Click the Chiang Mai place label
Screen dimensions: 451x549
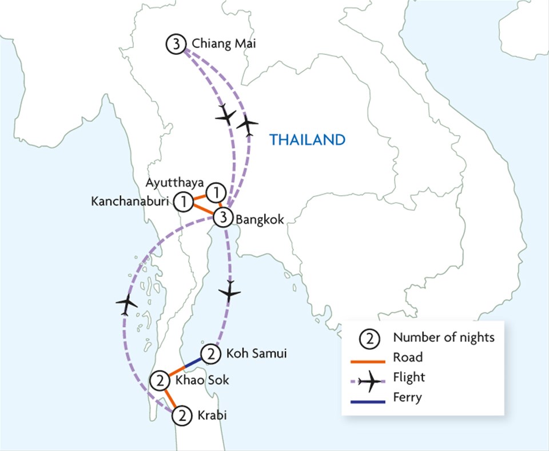click(220, 44)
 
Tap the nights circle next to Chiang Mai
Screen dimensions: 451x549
click(174, 44)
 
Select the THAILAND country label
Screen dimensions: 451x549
click(307, 139)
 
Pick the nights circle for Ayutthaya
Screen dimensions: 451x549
click(214, 192)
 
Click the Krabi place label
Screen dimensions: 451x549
click(211, 415)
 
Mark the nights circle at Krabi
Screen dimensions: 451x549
click(181, 415)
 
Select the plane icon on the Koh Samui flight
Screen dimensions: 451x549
click(230, 292)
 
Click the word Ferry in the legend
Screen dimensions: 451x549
click(407, 397)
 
